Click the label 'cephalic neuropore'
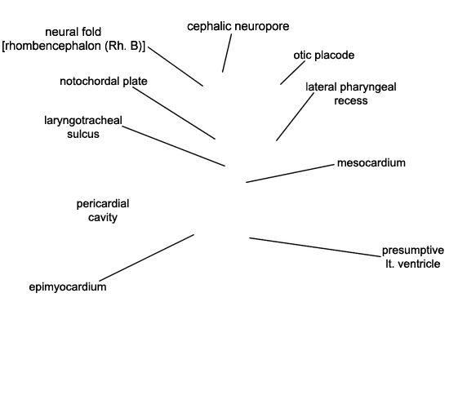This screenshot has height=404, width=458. (x=238, y=27)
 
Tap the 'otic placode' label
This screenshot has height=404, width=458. (x=324, y=55)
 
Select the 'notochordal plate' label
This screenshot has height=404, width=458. (x=104, y=82)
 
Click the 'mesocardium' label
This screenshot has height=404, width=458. (x=371, y=163)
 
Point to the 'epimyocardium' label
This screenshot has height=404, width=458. (x=68, y=287)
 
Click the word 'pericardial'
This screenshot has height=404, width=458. (x=103, y=204)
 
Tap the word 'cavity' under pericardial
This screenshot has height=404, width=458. (x=103, y=217)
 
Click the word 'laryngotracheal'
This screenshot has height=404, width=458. (x=83, y=121)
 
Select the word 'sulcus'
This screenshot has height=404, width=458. (x=83, y=135)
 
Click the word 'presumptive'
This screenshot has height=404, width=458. (x=413, y=251)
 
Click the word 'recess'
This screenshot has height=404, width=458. (x=351, y=100)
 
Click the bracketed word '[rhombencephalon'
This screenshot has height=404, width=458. (x=51, y=47)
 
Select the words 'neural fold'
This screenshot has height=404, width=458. (x=73, y=32)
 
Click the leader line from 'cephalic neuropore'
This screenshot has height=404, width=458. (x=227, y=53)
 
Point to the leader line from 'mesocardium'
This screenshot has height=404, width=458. (x=290, y=173)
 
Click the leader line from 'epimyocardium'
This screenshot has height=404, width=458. (x=147, y=258)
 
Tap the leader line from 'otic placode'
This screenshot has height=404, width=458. (x=292, y=73)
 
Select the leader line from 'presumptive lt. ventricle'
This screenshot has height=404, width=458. (x=315, y=247)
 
